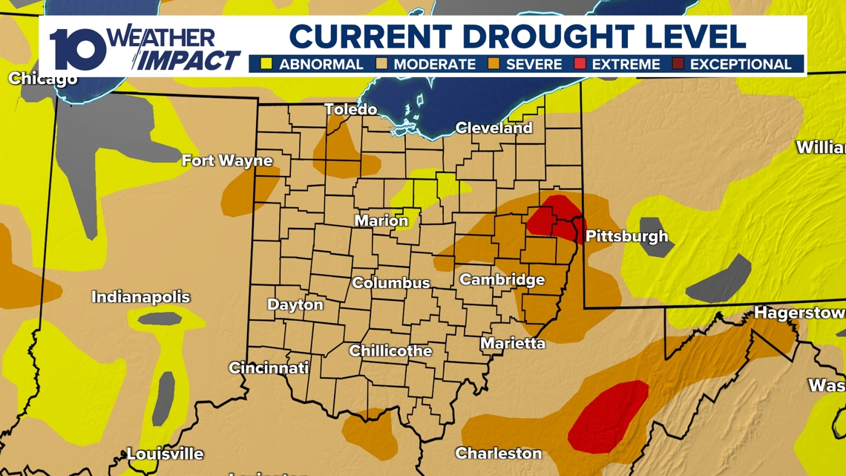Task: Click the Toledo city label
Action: tap(351, 110)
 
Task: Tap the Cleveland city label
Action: tap(493, 128)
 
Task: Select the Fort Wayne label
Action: tap(227, 160)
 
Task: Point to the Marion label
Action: tap(381, 221)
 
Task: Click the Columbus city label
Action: tap(390, 283)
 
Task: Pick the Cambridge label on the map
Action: tap(502, 280)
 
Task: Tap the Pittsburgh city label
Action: tap(626, 237)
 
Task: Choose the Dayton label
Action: tap(295, 304)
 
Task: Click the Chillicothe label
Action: tap(390, 351)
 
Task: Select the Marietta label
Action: tap(512, 343)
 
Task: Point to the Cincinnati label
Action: tap(269, 368)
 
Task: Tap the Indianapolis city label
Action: tap(141, 297)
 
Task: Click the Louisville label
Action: tap(165, 454)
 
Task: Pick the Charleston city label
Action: tap(498, 453)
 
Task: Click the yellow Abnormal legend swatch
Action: tap(266, 64)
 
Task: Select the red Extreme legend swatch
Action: tap(580, 64)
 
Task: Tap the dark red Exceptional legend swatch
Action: tap(678, 64)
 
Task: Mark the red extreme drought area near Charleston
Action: tap(609, 416)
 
